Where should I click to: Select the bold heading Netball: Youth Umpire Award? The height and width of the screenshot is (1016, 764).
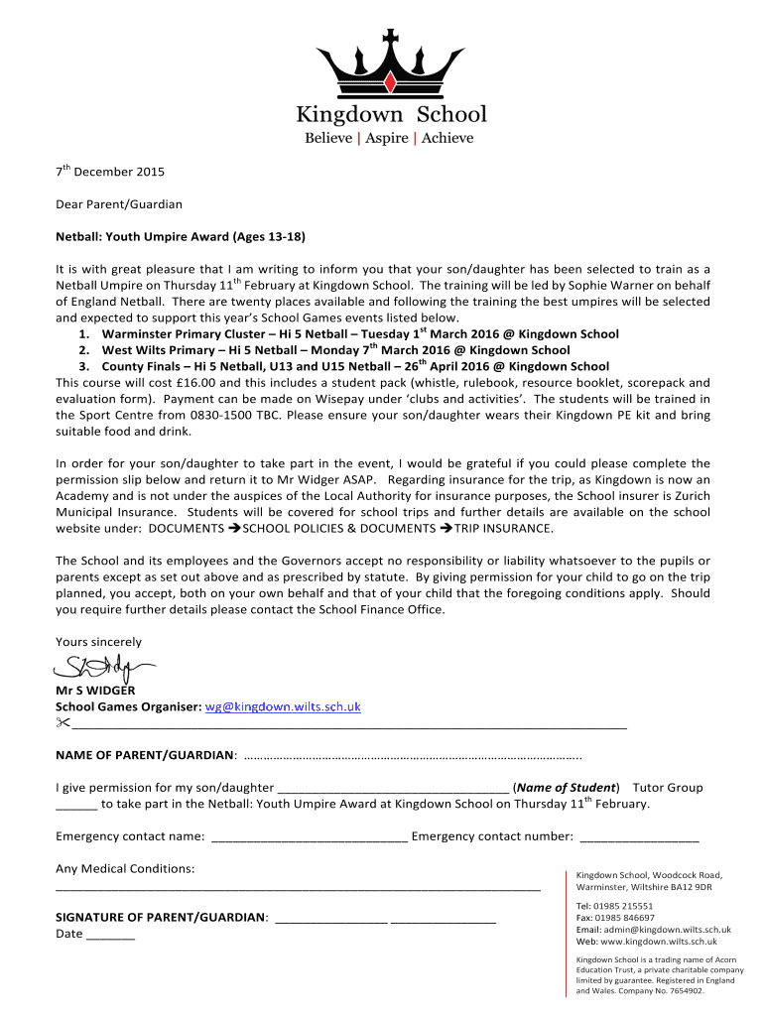click(180, 237)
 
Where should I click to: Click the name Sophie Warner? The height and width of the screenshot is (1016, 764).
click(626, 285)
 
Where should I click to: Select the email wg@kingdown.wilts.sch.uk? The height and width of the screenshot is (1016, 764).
click(282, 707)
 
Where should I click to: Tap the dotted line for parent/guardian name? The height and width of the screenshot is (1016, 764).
click(412, 756)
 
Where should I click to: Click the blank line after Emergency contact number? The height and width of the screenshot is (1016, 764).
click(639, 837)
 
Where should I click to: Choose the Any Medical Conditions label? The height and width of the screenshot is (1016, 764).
click(125, 869)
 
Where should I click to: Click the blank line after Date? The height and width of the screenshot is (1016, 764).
click(111, 935)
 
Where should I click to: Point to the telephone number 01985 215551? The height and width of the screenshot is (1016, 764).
click(624, 906)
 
